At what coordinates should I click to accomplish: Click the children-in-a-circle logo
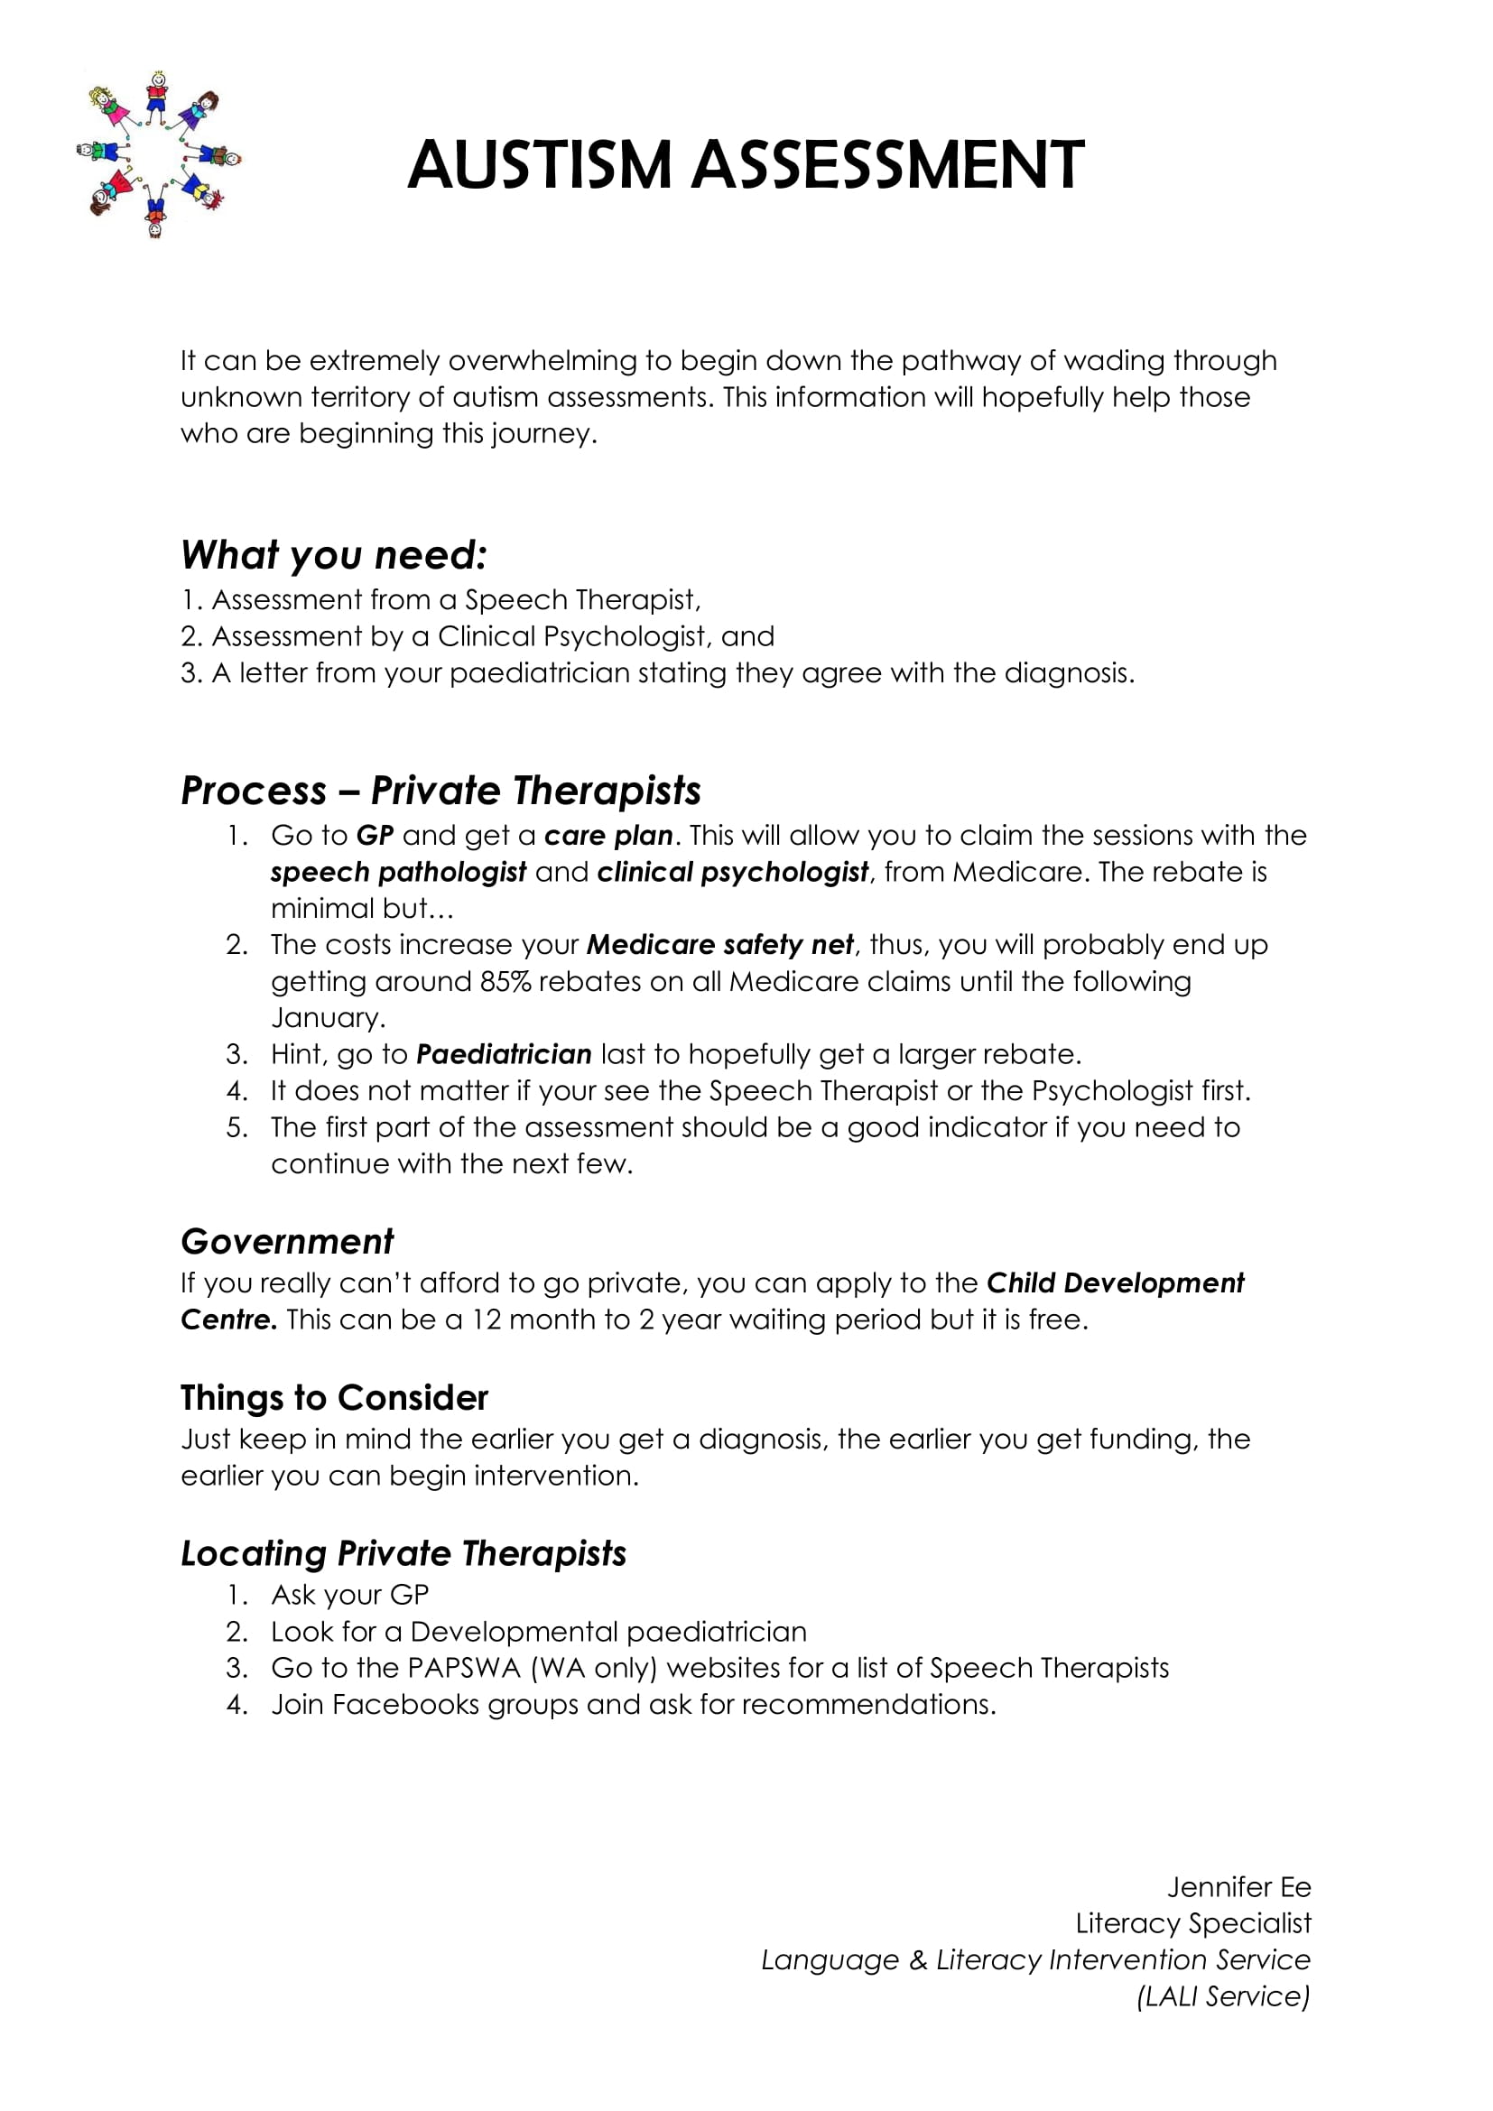pyautogui.click(x=157, y=154)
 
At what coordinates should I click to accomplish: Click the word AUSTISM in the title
pyautogui.click(x=540, y=165)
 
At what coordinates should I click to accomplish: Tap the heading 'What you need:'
pyautogui.click(x=334, y=555)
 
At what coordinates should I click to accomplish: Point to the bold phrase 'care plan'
pyautogui.click(x=608, y=836)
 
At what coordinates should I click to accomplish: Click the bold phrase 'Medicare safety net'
pyautogui.click(x=719, y=945)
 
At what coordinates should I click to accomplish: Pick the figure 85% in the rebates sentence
pyautogui.click(x=505, y=982)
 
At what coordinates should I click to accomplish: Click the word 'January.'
pyautogui.click(x=329, y=1018)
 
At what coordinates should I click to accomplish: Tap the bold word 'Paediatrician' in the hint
pyautogui.click(x=504, y=1054)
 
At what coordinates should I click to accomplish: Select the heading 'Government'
pyautogui.click(x=287, y=1242)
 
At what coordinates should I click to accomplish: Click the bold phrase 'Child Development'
pyautogui.click(x=1115, y=1283)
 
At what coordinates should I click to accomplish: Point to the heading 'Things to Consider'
pyautogui.click(x=334, y=1398)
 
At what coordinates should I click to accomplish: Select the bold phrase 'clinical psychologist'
pyautogui.click(x=733, y=873)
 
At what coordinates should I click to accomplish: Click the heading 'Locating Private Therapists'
pyautogui.click(x=403, y=1554)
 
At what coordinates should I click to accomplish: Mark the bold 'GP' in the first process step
pyautogui.click(x=376, y=836)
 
